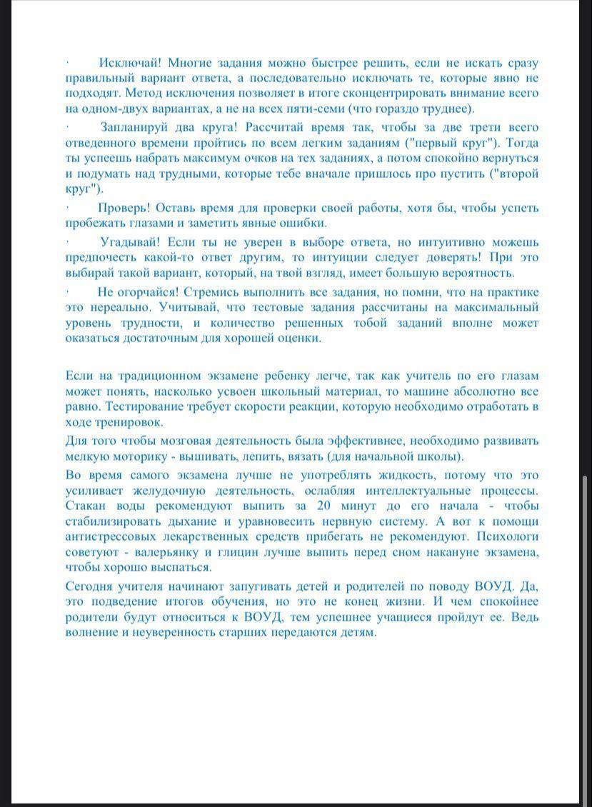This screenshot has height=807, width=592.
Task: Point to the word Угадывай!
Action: click(129, 242)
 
